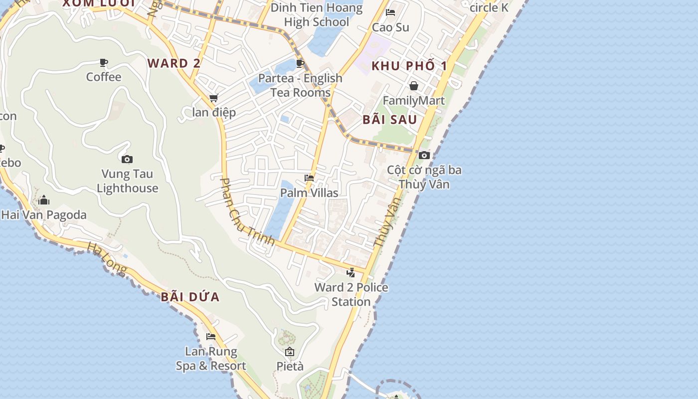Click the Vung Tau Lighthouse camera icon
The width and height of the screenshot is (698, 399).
[x=127, y=160]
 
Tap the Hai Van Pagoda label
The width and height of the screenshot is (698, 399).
[x=44, y=215]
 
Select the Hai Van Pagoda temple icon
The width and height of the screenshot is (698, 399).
[x=44, y=200]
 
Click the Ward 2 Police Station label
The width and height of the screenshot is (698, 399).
[x=351, y=294]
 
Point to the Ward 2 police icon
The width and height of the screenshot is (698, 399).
[x=351, y=272]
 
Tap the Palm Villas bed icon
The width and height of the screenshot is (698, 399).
[x=309, y=178]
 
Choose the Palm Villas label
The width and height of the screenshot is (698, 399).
[x=309, y=193]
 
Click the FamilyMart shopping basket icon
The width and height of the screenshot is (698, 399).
[x=413, y=86]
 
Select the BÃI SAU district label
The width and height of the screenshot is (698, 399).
[x=390, y=120]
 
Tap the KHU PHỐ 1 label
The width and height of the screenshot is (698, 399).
[x=409, y=66]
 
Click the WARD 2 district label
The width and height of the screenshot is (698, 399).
[x=174, y=63]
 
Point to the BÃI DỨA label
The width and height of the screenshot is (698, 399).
[x=190, y=297]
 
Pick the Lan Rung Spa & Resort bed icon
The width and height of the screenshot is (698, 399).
[x=211, y=337]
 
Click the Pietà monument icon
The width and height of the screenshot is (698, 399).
[x=290, y=352]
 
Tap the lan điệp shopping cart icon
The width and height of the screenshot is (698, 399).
[x=214, y=98]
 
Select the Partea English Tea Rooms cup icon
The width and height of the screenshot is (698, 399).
[x=300, y=63]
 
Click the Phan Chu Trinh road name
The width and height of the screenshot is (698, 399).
[x=247, y=212]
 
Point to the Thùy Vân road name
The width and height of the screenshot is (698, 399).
[x=387, y=222]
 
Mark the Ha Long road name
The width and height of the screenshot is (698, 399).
[x=107, y=258]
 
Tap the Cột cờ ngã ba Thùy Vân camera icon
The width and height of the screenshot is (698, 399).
[x=424, y=156]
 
